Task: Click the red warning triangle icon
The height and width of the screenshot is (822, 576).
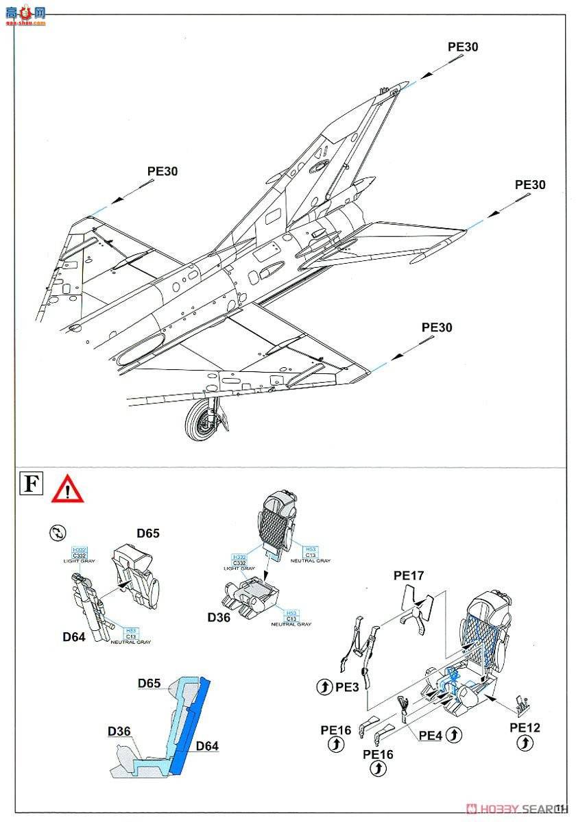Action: tap(67, 488)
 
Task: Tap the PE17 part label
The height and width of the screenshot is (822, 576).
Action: tap(409, 575)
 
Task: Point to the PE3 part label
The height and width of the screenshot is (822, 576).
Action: tap(347, 686)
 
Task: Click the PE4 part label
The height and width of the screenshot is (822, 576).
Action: tap(431, 736)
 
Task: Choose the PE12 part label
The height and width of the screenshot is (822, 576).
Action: tap(525, 727)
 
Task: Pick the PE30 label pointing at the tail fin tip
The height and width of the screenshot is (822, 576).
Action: tap(463, 47)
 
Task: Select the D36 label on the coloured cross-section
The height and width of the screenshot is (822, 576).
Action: tap(119, 732)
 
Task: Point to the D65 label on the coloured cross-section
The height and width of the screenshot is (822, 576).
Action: tap(149, 683)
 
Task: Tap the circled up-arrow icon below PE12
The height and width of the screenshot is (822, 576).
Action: tap(525, 743)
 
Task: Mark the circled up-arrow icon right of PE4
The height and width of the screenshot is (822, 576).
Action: tap(453, 736)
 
